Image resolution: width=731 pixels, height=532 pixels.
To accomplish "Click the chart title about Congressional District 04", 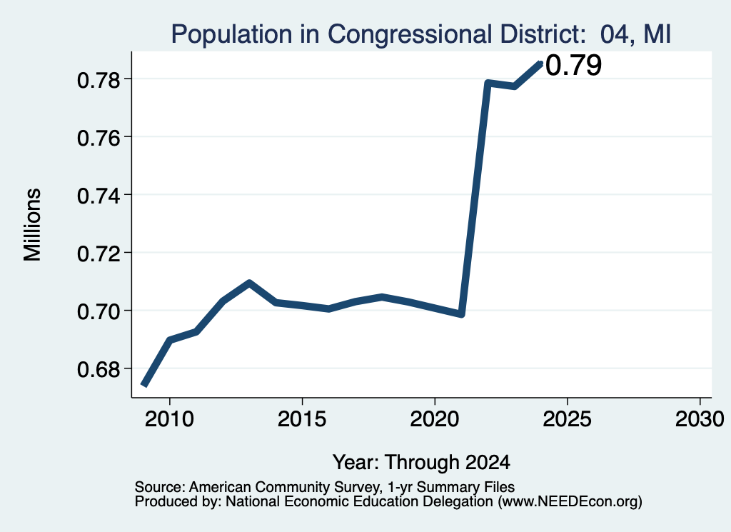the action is pos(421,34).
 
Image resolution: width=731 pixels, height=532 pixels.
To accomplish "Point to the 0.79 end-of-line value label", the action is pos(573,65).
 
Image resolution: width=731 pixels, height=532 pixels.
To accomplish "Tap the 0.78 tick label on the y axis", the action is pos(99,80).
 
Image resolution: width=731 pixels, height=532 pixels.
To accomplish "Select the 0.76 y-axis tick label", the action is pos(99,138).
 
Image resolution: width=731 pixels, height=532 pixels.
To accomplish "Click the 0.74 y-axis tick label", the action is pos(99,196).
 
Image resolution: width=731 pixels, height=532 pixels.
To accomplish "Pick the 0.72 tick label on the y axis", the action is pos(99,254).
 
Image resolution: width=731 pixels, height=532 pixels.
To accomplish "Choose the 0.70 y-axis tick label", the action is pos(99,311).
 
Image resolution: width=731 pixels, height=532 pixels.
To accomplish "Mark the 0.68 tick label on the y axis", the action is pos(99,370).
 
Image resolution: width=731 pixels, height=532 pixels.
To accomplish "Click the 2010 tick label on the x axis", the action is pos(169,419).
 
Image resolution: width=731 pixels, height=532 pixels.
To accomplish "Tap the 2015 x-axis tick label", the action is pos(302,419).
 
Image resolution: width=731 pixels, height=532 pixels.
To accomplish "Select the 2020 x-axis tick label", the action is pos(435,419).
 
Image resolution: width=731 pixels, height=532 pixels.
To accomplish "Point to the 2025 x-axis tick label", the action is pos(568,419).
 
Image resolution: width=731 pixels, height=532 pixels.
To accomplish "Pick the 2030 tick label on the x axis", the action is pos(700,419).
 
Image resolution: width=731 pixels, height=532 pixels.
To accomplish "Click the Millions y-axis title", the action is pos(33,225).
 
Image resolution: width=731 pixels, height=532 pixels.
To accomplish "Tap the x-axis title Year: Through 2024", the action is pos(421,463).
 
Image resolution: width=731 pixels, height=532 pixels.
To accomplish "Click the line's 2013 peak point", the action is pos(249,283).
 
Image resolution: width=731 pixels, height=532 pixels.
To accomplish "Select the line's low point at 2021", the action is pos(462,314).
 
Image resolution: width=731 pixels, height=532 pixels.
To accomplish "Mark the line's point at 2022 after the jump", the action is pos(488,83).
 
